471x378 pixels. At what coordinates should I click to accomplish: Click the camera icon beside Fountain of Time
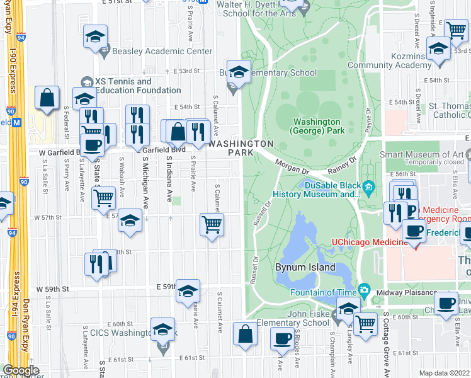(x=364, y=291)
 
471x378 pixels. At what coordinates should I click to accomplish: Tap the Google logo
(x=21, y=370)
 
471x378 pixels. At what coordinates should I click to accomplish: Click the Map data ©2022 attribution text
(x=443, y=373)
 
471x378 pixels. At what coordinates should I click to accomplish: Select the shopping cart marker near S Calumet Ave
(x=212, y=224)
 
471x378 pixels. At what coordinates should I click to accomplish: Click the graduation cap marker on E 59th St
(x=188, y=291)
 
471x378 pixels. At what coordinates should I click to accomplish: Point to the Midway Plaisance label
(x=406, y=293)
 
